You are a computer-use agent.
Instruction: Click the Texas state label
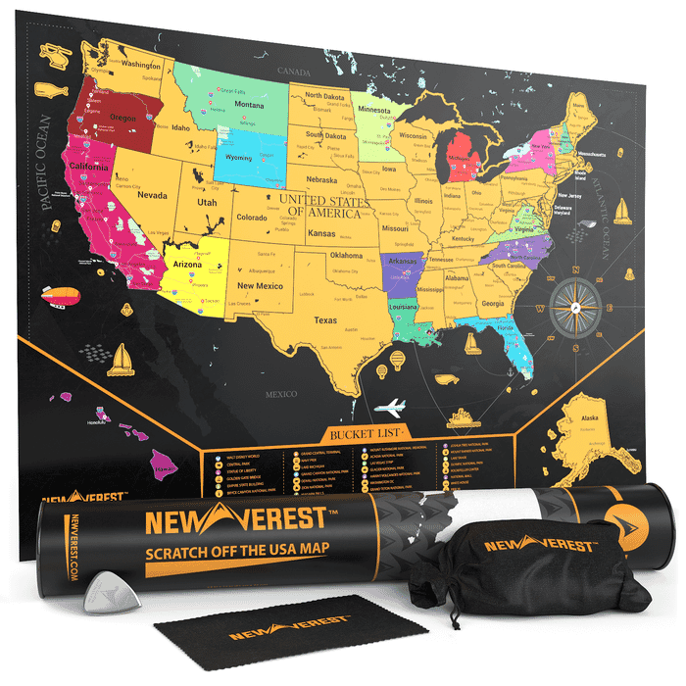point(325,320)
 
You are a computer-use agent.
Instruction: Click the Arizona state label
point(187,266)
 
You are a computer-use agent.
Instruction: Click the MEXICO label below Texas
point(280,395)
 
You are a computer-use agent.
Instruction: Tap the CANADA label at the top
point(291,72)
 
